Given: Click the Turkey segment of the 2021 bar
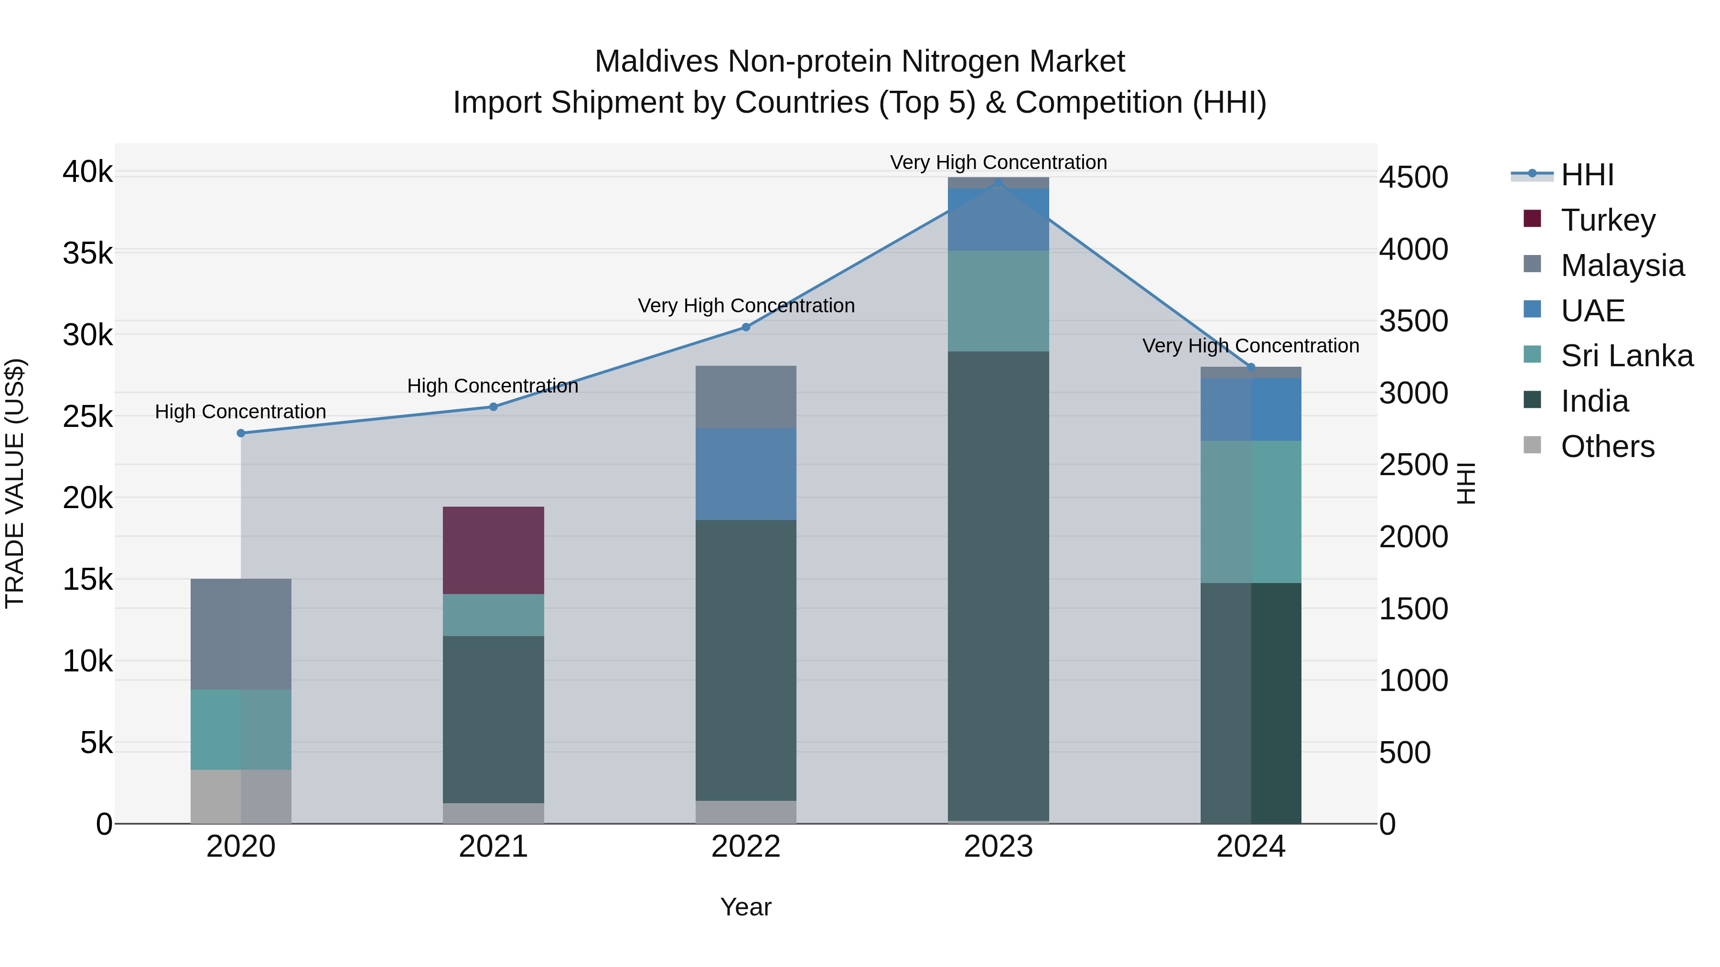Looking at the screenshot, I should (x=494, y=551).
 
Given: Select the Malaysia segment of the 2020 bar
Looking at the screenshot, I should (x=241, y=634).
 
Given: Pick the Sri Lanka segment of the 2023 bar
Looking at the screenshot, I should (x=998, y=301).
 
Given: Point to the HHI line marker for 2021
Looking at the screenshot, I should (x=494, y=406).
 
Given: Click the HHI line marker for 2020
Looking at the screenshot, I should (x=241, y=433).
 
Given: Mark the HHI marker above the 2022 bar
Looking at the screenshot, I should (x=746, y=327).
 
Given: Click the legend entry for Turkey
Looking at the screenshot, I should (x=1608, y=220).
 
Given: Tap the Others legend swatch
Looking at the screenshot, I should (x=1532, y=445).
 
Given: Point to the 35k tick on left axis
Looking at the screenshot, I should (x=87, y=254).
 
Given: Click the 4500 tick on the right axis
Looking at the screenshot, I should (x=1414, y=178).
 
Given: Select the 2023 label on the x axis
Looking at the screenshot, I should (x=998, y=847).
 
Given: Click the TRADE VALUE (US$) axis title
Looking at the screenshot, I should (x=15, y=483).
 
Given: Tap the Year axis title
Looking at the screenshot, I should (x=746, y=907).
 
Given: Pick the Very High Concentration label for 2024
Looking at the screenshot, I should (x=1251, y=346).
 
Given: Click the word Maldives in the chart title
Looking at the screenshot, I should (x=656, y=62).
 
